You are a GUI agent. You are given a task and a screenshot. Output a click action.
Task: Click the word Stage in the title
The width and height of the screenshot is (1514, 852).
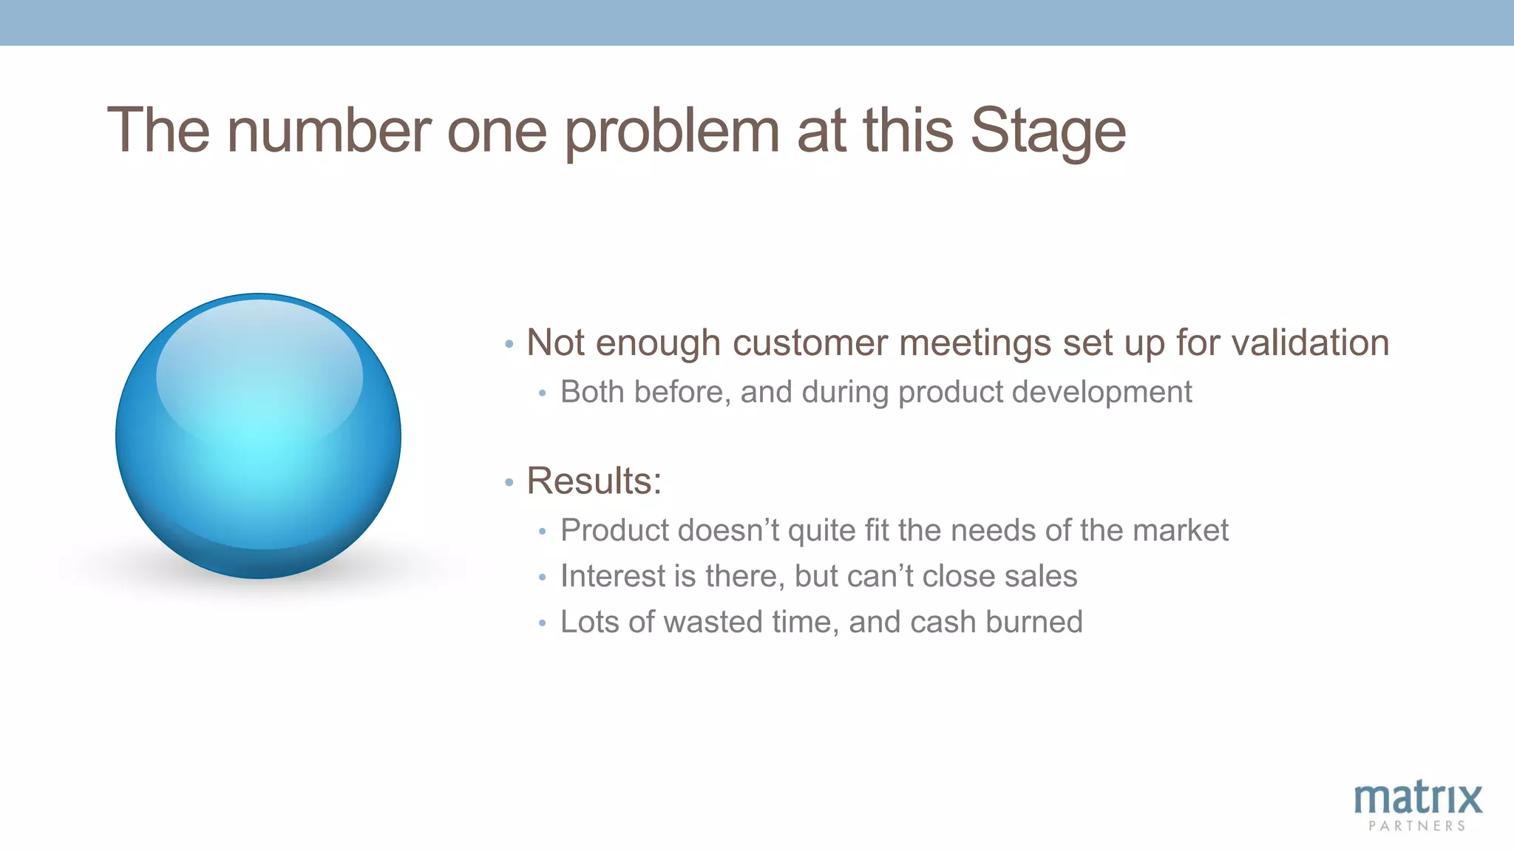click(1048, 131)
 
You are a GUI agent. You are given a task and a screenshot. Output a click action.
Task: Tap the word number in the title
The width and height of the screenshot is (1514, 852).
click(329, 131)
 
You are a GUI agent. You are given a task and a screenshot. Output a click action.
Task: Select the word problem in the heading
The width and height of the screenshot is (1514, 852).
click(672, 131)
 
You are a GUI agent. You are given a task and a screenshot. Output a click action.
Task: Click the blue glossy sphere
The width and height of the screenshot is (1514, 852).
click(258, 436)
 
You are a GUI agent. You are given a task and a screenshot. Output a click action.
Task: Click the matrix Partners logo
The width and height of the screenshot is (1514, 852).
click(1417, 806)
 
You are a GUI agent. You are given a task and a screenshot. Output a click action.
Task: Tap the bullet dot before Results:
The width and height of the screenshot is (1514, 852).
click(509, 483)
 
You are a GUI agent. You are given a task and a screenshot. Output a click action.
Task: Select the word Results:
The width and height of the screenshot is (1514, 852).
click(594, 481)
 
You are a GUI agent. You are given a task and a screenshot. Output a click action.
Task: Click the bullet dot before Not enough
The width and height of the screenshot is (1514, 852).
click(509, 345)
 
